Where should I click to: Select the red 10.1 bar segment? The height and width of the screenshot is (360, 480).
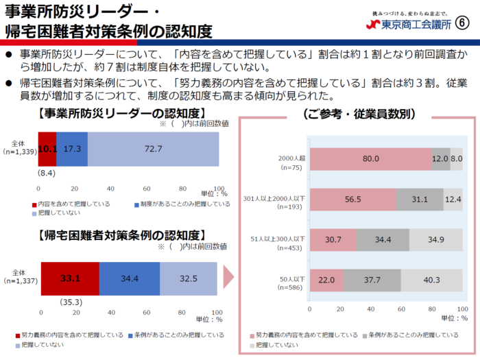47,149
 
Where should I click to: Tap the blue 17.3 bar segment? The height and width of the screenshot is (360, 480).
72,149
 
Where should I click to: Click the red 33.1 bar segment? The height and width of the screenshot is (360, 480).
70,279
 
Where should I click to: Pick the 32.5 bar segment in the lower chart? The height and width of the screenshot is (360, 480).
189,279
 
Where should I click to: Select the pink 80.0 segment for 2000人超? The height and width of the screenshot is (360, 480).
371,159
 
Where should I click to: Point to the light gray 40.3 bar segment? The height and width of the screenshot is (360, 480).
432,280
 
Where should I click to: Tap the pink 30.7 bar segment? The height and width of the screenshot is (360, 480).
333,239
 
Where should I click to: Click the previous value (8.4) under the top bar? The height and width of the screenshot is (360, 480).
47,174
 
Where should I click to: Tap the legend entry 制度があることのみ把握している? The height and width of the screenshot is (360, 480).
184,204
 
